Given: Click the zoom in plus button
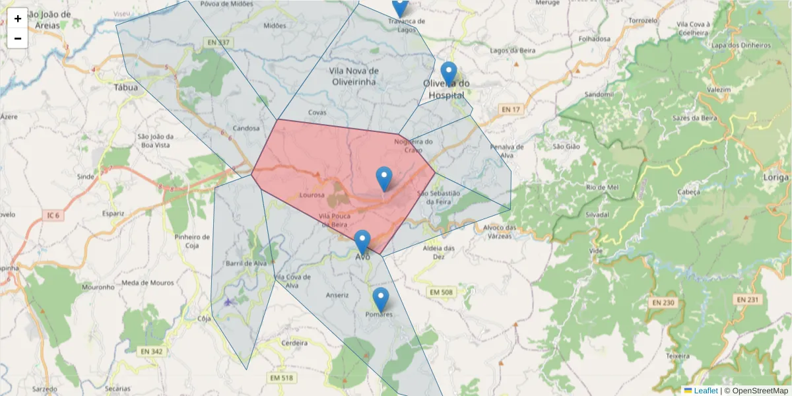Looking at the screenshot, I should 18,18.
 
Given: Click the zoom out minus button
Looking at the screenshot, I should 18,38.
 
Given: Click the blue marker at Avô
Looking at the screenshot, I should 362,242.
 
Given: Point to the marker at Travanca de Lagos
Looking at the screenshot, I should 399,7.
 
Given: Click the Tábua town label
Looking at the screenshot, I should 126,87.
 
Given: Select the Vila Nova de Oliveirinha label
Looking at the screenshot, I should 353,76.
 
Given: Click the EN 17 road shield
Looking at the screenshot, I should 510,109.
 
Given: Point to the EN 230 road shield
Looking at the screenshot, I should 663,302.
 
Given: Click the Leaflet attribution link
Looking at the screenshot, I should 706,391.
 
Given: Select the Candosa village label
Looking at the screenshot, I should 247,128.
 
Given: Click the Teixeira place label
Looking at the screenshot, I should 677,356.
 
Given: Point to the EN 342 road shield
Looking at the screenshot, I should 151,352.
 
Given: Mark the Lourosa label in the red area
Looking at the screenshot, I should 312,195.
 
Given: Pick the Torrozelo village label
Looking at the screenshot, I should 643,20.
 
